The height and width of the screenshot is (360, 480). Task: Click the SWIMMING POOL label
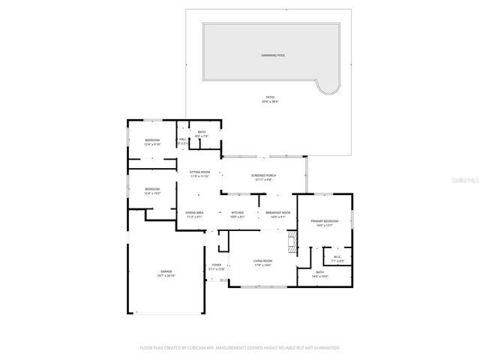click(273, 55)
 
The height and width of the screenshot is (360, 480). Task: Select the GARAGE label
click(166, 273)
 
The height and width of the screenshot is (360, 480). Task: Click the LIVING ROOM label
click(262, 262)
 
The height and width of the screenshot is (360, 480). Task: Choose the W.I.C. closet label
click(337, 259)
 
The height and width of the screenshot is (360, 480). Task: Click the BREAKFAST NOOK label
click(278, 214)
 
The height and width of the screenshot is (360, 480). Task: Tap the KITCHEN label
click(238, 214)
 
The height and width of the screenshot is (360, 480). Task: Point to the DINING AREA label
click(195, 214)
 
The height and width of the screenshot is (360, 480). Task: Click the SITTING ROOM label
click(199, 174)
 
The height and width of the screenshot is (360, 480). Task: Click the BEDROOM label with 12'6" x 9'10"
click(152, 142)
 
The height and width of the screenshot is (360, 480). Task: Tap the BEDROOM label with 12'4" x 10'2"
click(152, 190)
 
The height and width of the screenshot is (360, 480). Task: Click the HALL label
click(182, 140)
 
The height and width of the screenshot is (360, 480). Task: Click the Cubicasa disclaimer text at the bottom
click(240, 348)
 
